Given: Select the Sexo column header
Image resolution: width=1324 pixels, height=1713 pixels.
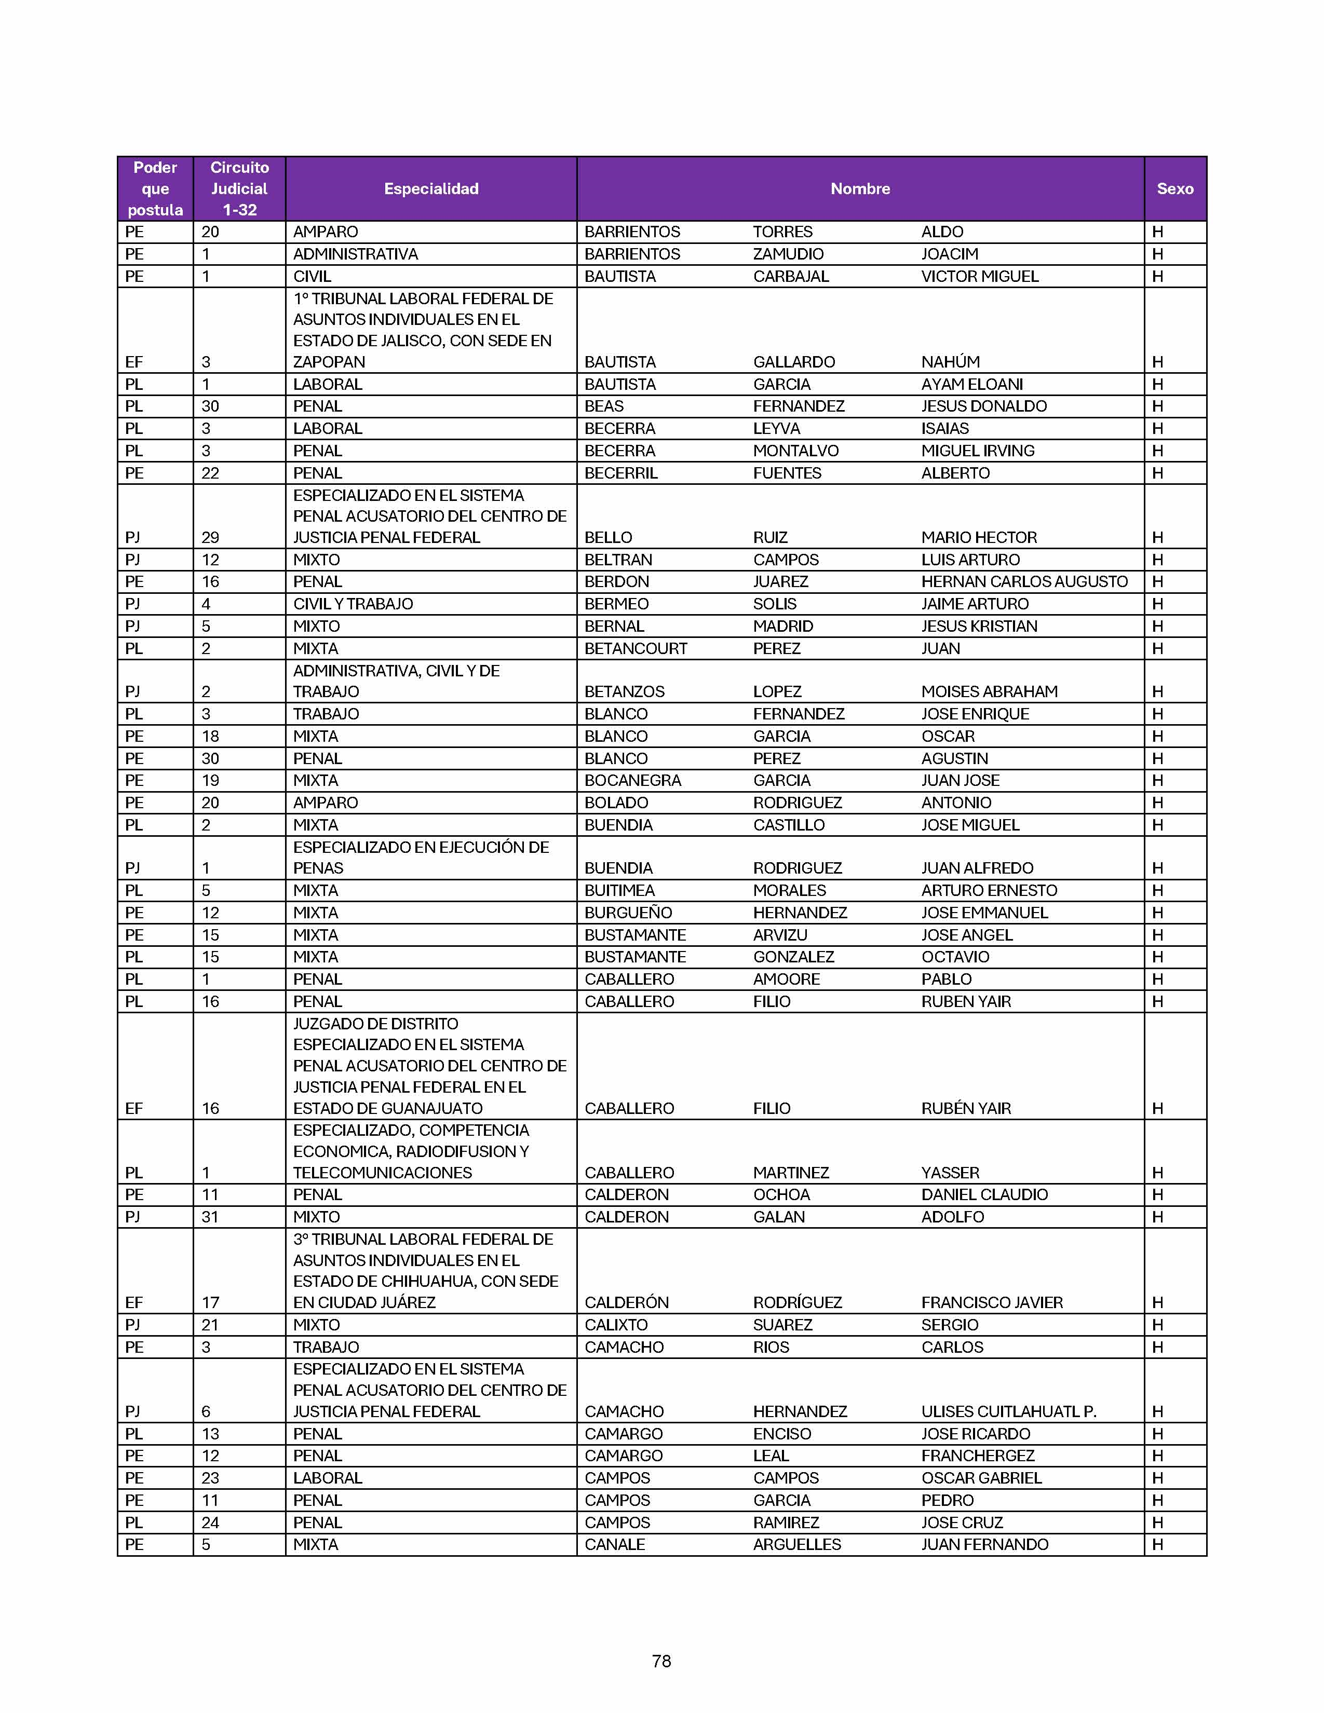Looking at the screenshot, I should [1174, 188].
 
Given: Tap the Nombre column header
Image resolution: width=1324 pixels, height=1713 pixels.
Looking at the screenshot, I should [860, 188].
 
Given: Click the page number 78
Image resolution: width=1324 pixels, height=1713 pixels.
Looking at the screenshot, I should [661, 1661].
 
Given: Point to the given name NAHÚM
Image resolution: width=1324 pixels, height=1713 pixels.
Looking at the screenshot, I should [950, 362].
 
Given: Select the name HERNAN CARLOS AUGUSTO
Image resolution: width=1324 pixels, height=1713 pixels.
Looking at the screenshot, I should [1023, 581].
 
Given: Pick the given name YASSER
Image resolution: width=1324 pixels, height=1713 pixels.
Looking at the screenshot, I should [950, 1173].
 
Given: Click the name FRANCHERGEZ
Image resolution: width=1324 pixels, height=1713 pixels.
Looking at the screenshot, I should [977, 1456].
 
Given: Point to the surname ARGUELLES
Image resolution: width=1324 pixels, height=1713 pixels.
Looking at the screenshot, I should [796, 1544].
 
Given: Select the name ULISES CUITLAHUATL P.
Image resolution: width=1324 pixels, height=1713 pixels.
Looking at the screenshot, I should [1008, 1411].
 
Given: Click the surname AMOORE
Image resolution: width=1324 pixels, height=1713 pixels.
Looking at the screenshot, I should [786, 979].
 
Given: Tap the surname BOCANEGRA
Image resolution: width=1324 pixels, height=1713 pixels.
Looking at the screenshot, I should [632, 780].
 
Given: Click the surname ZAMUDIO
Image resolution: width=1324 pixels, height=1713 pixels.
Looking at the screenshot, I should [788, 254].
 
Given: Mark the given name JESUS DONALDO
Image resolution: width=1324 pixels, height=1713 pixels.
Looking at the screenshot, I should [983, 406].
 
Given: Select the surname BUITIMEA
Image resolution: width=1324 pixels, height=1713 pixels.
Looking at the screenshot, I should [619, 890].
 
